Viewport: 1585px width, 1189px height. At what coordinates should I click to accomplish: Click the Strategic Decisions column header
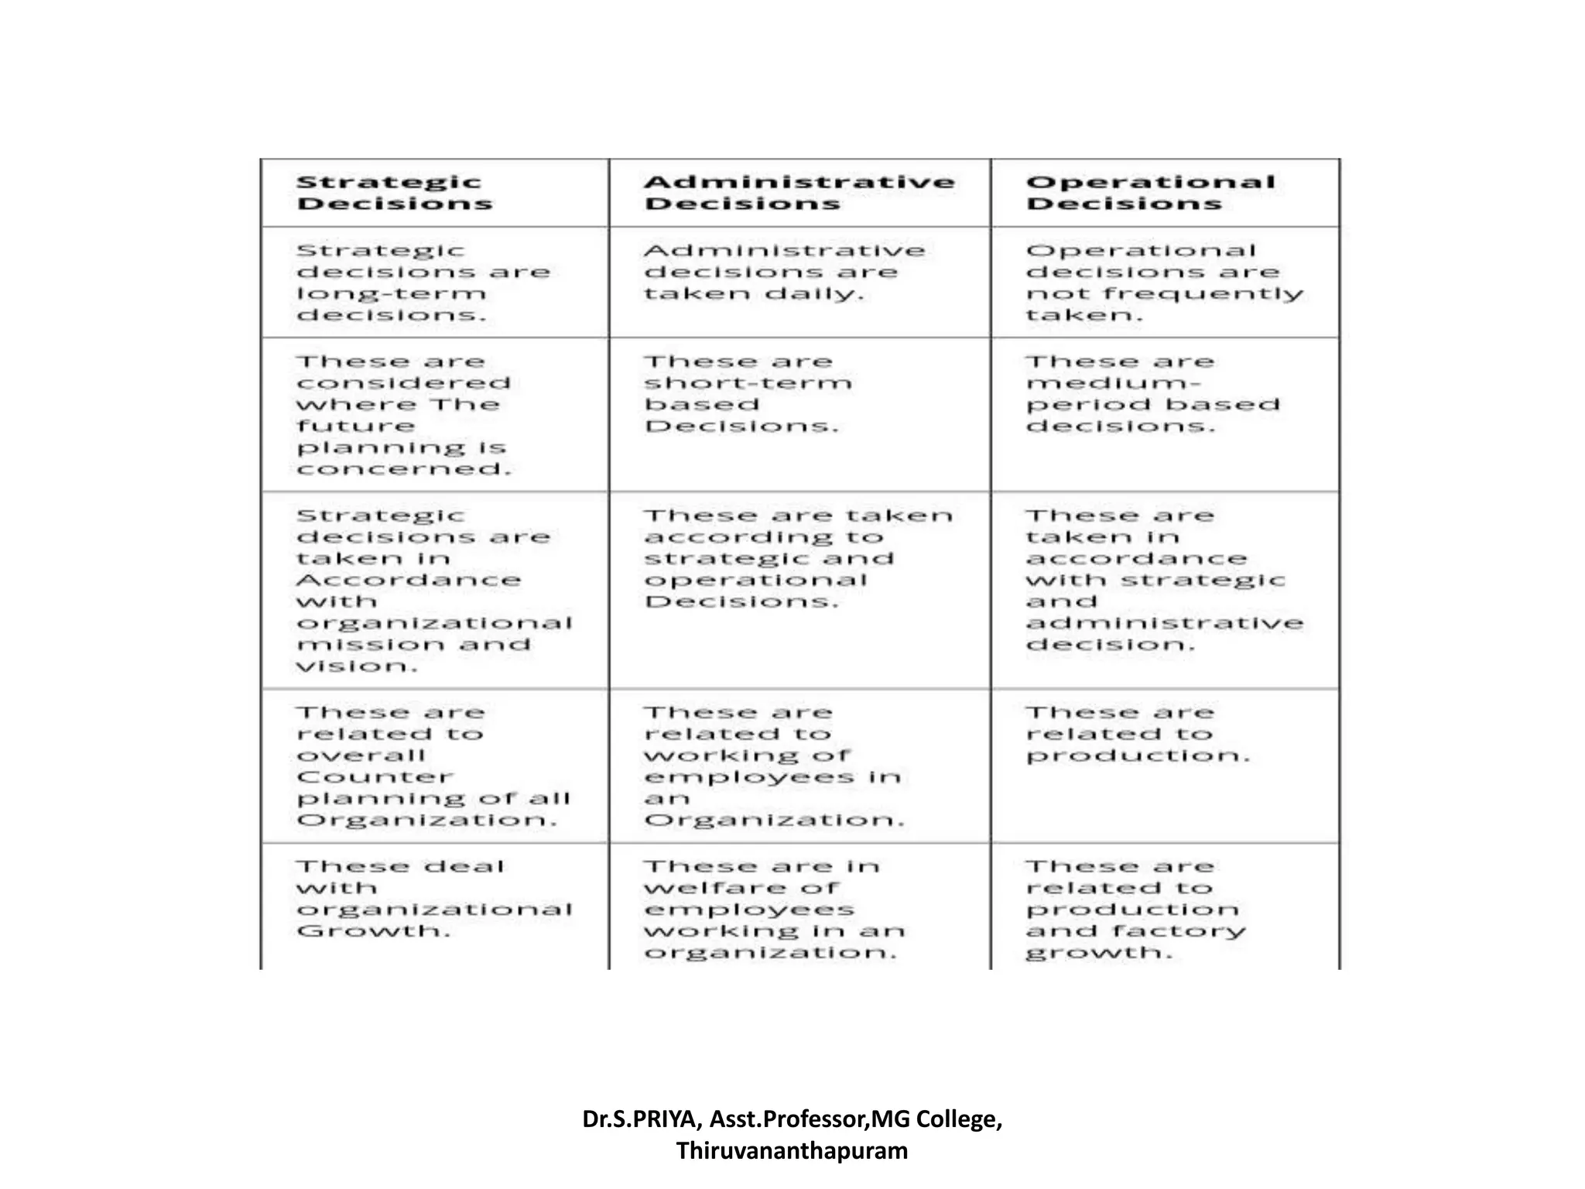pos(395,193)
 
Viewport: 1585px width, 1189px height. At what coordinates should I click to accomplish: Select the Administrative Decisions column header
pos(799,193)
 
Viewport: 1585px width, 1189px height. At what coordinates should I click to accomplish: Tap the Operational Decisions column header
pos(1150,193)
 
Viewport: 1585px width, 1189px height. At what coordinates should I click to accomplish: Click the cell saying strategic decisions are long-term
pos(423,283)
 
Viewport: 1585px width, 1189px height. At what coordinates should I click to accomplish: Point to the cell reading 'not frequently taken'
pos(1164,283)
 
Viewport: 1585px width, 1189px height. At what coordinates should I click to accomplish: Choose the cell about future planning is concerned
pos(404,415)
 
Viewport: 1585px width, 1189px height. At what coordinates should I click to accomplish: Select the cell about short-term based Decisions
pos(748,394)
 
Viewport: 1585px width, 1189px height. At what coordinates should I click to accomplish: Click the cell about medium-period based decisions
pos(1153,394)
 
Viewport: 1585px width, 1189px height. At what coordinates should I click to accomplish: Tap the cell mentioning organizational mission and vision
pos(433,591)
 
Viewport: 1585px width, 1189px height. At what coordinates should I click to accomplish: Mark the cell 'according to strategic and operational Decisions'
pos(798,558)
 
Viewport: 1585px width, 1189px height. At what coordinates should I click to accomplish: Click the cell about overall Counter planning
pos(433,766)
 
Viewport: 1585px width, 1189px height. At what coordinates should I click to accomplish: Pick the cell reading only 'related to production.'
pos(1138,734)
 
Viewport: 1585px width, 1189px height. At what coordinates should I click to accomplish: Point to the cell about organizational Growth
pos(433,898)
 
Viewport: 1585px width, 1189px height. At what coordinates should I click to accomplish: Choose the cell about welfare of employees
pos(774,909)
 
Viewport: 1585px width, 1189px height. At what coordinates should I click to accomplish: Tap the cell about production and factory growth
pos(1136,909)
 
